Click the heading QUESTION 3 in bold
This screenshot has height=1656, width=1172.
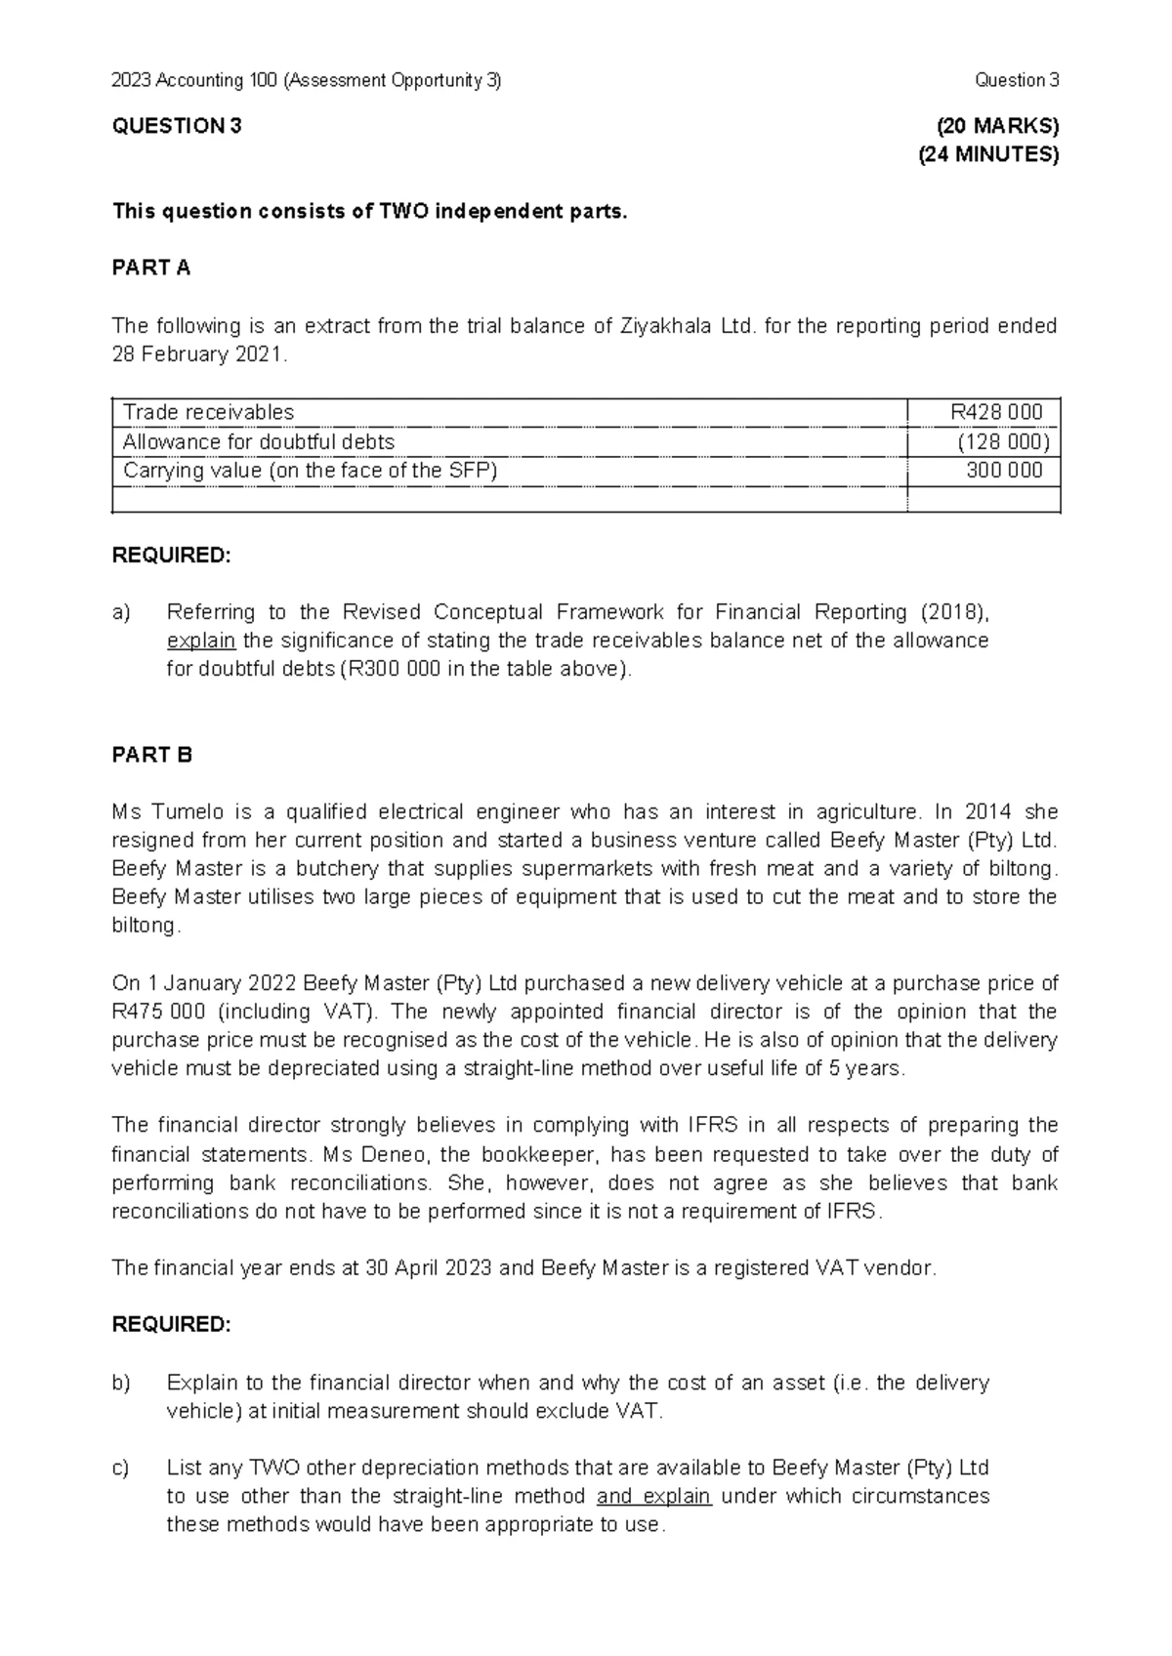tap(177, 126)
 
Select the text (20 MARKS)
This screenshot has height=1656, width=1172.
tap(996, 126)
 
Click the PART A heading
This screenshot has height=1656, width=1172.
tap(151, 269)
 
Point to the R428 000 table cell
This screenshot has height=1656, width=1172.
tap(996, 412)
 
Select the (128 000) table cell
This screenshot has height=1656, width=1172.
tap(1003, 441)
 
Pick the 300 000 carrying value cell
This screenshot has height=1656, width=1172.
tap(1004, 470)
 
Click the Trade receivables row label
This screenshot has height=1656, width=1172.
tap(208, 412)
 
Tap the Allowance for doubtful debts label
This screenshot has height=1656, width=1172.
tap(259, 441)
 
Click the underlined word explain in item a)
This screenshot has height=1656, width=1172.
tap(201, 641)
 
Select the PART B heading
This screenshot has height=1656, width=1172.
tap(152, 755)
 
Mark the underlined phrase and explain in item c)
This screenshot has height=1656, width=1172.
tap(653, 1496)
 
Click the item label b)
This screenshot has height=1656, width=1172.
tap(121, 1383)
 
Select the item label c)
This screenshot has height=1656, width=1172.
tap(121, 1468)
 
